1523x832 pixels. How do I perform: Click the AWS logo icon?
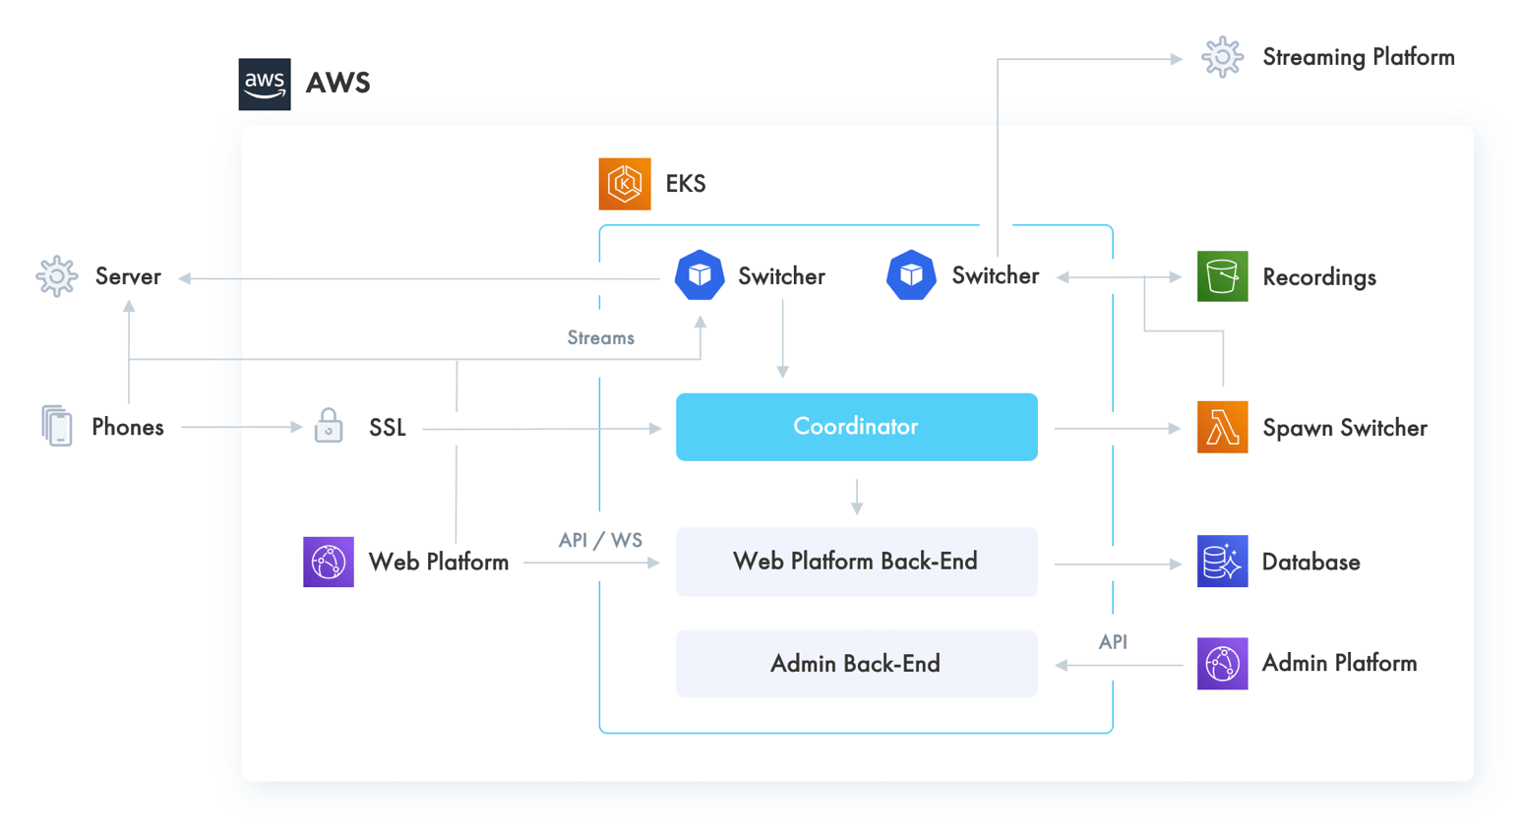(x=265, y=84)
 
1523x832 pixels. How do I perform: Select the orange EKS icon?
(x=625, y=184)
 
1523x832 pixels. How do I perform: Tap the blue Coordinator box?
(x=856, y=427)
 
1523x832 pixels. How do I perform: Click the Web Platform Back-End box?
(x=856, y=562)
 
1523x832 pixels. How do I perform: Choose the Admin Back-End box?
(x=856, y=664)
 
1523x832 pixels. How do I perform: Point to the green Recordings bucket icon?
(x=1222, y=276)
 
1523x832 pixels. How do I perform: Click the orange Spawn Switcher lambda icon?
(x=1222, y=428)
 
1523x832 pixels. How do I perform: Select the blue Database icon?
(x=1222, y=562)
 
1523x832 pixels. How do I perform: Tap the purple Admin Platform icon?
(x=1222, y=664)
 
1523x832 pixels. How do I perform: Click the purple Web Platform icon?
(x=329, y=562)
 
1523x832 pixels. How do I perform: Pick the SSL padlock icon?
(x=329, y=426)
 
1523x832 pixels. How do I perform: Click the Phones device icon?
(x=57, y=426)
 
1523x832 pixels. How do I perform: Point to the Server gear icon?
(x=57, y=276)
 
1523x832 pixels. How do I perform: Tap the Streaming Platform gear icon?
(x=1222, y=57)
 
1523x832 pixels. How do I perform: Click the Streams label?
(x=600, y=338)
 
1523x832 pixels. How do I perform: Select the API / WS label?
(x=600, y=540)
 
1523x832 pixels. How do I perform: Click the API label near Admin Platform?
(x=1113, y=642)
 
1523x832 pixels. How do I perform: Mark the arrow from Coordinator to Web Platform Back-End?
(x=857, y=497)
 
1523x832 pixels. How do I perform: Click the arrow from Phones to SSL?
(x=241, y=427)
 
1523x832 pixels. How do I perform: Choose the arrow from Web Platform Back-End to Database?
(x=1117, y=565)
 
